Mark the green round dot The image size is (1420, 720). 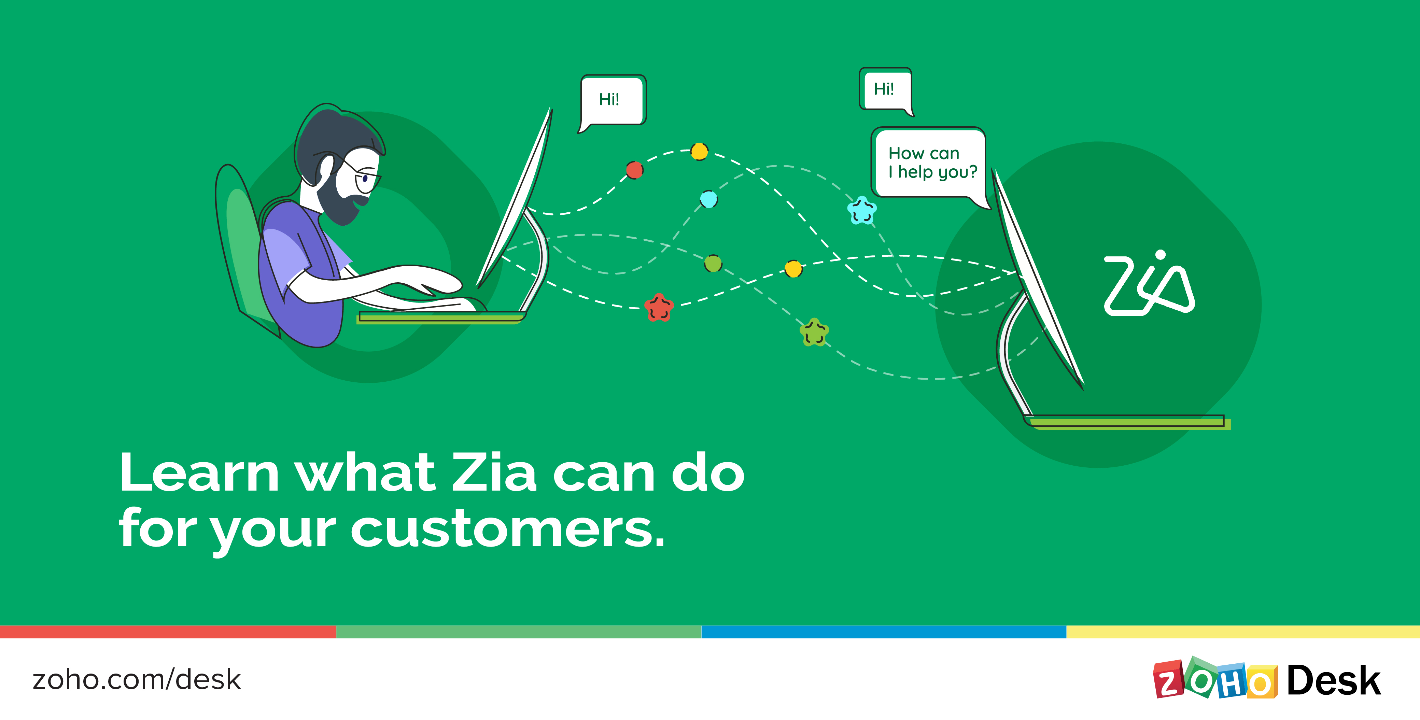click(713, 264)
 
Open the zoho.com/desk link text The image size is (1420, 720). click(137, 680)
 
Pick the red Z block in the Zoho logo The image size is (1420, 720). click(1168, 680)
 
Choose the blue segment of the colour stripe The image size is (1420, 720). click(884, 632)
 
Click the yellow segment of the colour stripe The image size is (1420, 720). click(1243, 632)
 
